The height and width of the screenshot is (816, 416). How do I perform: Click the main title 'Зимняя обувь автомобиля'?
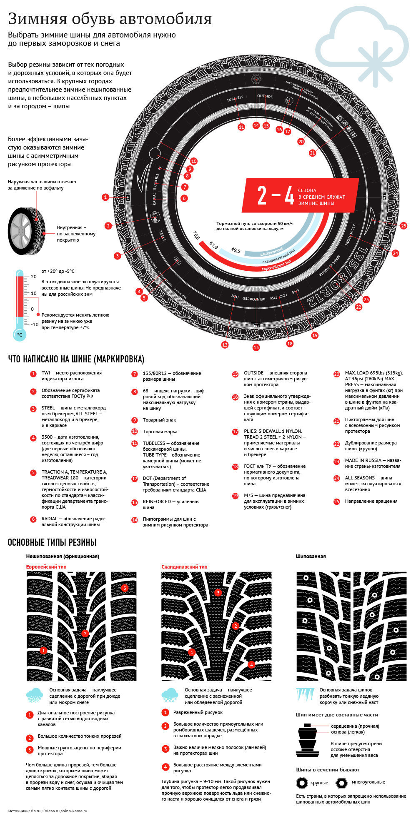pyautogui.click(x=110, y=19)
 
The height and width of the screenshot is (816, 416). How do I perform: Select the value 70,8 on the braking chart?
pyautogui.click(x=195, y=238)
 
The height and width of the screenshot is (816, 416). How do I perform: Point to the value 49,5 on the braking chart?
pyautogui.click(x=236, y=251)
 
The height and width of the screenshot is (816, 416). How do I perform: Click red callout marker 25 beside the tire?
pyautogui.click(x=403, y=226)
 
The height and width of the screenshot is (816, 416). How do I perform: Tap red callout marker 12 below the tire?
pyautogui.click(x=225, y=344)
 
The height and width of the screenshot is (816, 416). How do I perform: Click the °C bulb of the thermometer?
pyautogui.click(x=20, y=334)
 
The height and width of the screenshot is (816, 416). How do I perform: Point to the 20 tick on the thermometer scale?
pyautogui.click(x=34, y=277)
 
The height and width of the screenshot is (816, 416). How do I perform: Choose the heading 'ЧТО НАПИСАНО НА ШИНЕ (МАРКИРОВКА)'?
pyautogui.click(x=76, y=359)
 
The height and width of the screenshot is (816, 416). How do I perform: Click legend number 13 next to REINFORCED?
pyautogui.click(x=134, y=502)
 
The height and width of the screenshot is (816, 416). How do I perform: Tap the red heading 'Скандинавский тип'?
pyautogui.click(x=184, y=567)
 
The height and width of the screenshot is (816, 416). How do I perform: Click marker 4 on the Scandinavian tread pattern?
pyautogui.click(x=251, y=664)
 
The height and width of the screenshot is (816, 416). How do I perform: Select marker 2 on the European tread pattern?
pyautogui.click(x=85, y=634)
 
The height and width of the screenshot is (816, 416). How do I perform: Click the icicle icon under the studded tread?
pyautogui.click(x=304, y=694)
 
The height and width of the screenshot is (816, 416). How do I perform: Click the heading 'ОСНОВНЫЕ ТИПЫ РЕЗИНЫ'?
pyautogui.click(x=52, y=542)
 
